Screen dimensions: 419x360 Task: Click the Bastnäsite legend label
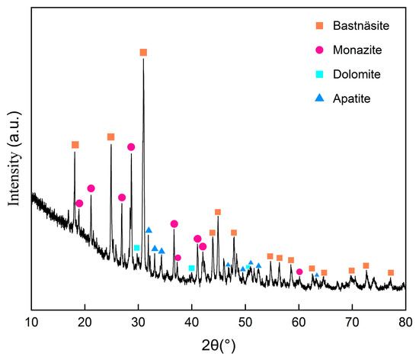361,26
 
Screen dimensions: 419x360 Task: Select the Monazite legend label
357,50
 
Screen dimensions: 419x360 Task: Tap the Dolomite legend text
357,74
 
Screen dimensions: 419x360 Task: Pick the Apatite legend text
352,98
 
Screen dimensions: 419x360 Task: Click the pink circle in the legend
320,50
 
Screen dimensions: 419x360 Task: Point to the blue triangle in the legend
320,98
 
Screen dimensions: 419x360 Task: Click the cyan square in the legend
320,74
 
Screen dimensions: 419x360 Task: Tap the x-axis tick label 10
31,323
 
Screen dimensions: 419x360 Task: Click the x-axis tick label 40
191,323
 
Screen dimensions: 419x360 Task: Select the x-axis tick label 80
405,323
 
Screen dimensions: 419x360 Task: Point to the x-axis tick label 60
299,323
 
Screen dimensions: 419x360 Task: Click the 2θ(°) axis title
219,346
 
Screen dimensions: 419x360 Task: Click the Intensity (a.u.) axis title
14,159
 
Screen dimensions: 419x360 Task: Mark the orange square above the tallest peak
143,53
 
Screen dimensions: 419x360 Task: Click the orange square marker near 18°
75,145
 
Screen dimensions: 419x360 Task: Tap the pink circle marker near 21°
91,188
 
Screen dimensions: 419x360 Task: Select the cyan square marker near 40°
191,268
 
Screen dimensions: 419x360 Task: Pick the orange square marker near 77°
391,273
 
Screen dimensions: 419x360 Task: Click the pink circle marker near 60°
299,272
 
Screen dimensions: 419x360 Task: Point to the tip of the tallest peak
143,58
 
